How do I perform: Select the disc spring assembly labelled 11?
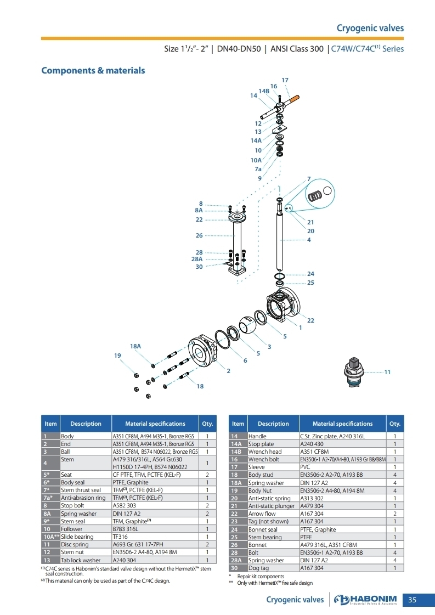[353, 372]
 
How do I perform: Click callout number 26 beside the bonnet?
[199, 235]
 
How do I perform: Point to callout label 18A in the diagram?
[135, 346]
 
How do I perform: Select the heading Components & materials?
[93, 71]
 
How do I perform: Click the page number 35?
[413, 600]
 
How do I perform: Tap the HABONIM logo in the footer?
[365, 600]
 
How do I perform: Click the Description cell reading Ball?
[65, 452]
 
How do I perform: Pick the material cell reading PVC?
[305, 467]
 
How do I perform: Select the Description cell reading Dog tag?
[258, 568]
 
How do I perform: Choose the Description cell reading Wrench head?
[265, 452]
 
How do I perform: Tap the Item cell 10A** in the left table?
[51, 537]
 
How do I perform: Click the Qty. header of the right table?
[395, 424]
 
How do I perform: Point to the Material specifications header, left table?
[155, 424]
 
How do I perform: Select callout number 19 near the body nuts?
[118, 356]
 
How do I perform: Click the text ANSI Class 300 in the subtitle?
[297, 49]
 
